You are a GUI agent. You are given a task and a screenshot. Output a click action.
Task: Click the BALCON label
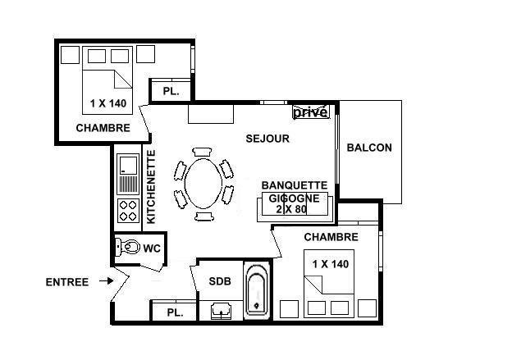tap(369, 148)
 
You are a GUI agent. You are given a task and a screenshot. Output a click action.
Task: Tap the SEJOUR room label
tap(267, 139)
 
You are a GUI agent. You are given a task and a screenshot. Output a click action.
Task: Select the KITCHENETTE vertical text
tap(152, 186)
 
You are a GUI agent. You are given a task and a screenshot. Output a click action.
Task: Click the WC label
tap(152, 248)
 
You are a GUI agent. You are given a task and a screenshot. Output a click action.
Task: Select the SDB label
tap(220, 281)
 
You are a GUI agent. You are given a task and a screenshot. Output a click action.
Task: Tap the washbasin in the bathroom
tap(220, 311)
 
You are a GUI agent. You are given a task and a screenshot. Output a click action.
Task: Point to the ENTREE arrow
tap(105, 281)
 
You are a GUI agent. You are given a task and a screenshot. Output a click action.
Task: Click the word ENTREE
tap(66, 282)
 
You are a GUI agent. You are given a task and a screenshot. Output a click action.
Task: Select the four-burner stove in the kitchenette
tap(128, 210)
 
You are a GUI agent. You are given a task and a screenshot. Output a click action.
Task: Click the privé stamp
tap(311, 112)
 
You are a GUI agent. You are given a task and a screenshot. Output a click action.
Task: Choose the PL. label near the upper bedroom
tap(171, 92)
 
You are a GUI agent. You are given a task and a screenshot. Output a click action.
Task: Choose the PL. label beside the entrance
tap(174, 312)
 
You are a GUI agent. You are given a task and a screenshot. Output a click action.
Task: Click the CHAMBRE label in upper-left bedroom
tap(103, 128)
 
